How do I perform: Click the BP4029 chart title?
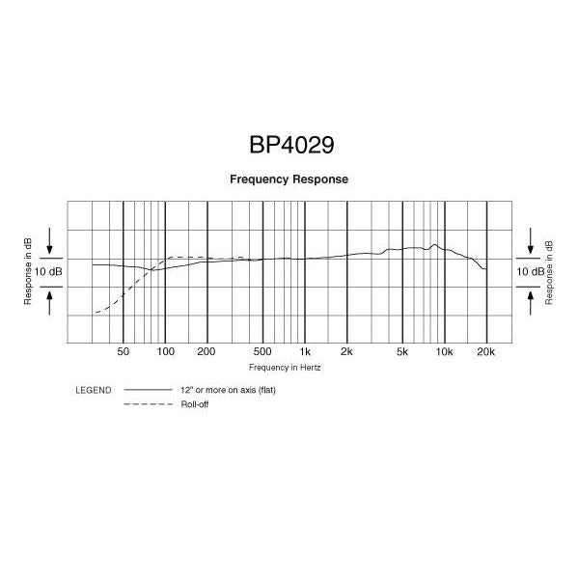[x=291, y=145]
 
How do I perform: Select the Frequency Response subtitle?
[x=289, y=179]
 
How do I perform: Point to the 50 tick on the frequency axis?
[x=123, y=351]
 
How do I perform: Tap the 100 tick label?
[x=165, y=351]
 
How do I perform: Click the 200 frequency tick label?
[x=207, y=351]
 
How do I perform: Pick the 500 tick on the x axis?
[x=262, y=351]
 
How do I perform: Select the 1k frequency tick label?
[x=305, y=351]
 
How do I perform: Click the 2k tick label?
[x=346, y=351]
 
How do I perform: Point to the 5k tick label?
[x=402, y=351]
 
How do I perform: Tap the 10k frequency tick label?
[x=444, y=351]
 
